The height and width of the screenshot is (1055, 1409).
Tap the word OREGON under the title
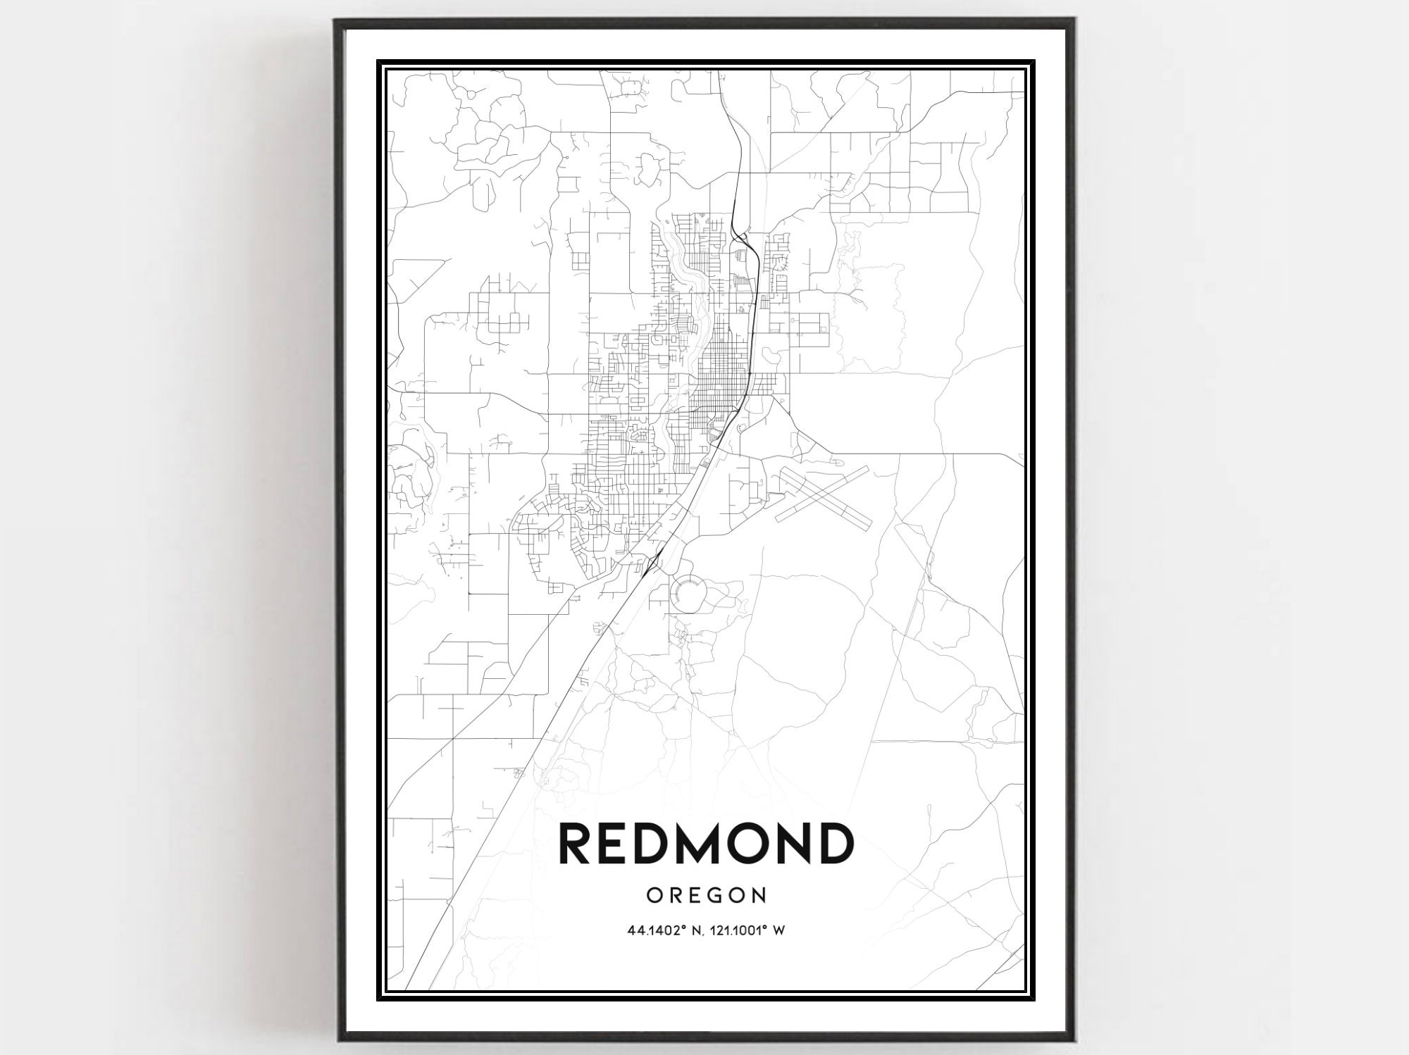[706, 895]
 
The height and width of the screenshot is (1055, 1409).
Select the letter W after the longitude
[779, 930]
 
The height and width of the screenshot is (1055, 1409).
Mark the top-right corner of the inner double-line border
[1033, 62]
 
